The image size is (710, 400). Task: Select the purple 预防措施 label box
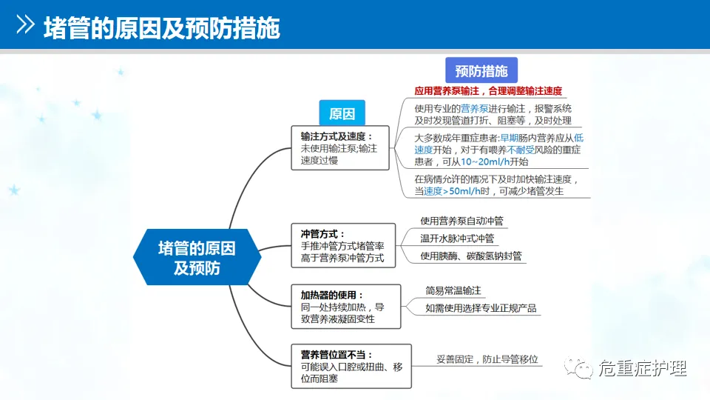tap(481, 71)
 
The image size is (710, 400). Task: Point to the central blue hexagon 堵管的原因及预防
tap(197, 257)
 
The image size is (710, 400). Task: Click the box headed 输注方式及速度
tap(339, 147)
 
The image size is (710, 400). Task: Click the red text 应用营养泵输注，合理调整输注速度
tap(488, 92)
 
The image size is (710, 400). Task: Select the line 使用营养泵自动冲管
tap(463, 221)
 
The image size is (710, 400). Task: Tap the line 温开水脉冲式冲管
tap(457, 239)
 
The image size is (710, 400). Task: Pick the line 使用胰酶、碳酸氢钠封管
tap(471, 256)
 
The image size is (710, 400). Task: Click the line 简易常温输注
tap(453, 290)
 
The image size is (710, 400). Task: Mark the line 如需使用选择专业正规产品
tap(481, 308)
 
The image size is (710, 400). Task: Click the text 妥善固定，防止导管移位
tap(487, 360)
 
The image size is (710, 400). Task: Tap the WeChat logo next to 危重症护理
tap(579, 367)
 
